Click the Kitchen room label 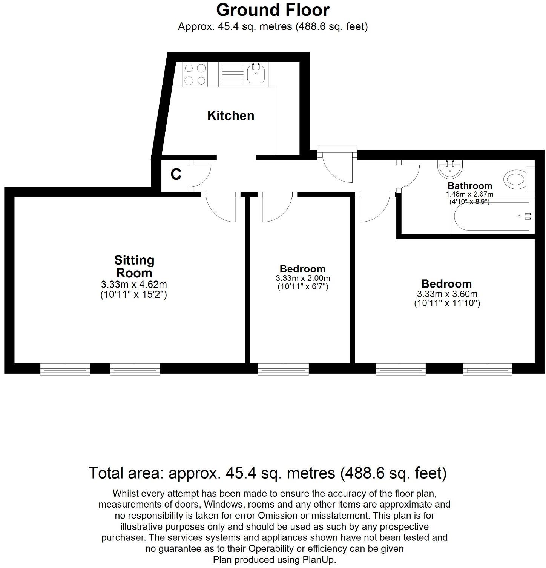231,115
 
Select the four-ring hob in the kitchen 195,74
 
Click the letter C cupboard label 176,174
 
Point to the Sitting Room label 134,266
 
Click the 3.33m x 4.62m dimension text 134,284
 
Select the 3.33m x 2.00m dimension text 303,278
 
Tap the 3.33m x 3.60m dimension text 447,294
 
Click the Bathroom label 470,186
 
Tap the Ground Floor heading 273,10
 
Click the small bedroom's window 283,369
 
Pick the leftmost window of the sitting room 65,369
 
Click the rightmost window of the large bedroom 488,369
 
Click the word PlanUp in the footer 318,559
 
